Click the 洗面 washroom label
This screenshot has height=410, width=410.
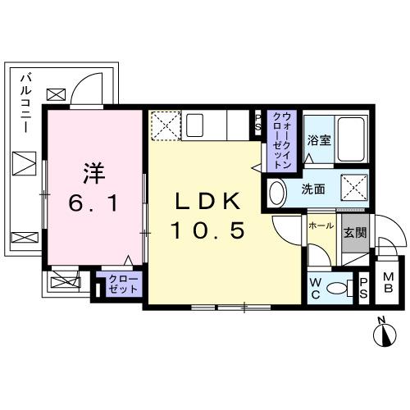pos(312,189)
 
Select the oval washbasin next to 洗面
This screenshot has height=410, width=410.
pos(277,193)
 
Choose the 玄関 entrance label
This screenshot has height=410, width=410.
pos(354,231)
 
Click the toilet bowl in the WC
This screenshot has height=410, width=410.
pos(335,289)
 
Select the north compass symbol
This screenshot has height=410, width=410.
pos(382,333)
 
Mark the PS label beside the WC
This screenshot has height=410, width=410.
pos(362,287)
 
